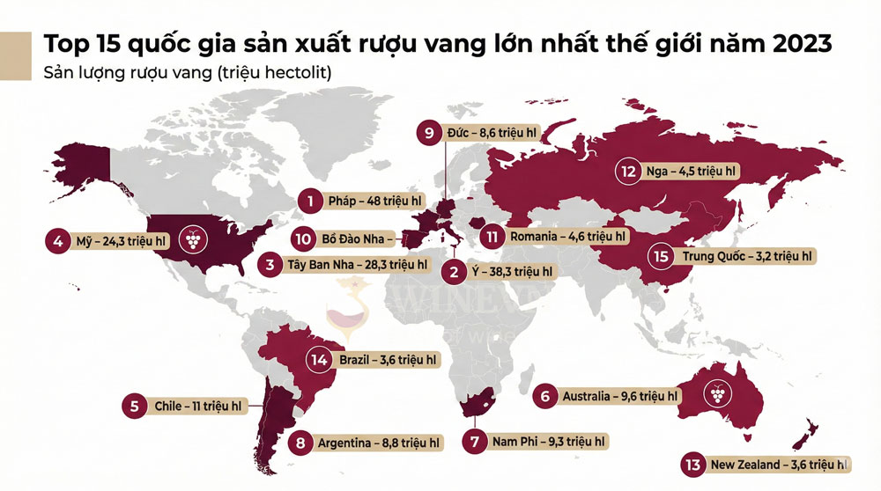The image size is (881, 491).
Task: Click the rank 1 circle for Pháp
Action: tap(309, 202)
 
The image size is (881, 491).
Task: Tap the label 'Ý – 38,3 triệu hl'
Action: tap(512, 272)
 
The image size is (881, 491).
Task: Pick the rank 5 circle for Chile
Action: tap(134, 407)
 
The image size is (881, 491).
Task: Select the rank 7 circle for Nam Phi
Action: tap(475, 442)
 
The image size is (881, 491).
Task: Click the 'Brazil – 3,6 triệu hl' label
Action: tap(383, 359)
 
